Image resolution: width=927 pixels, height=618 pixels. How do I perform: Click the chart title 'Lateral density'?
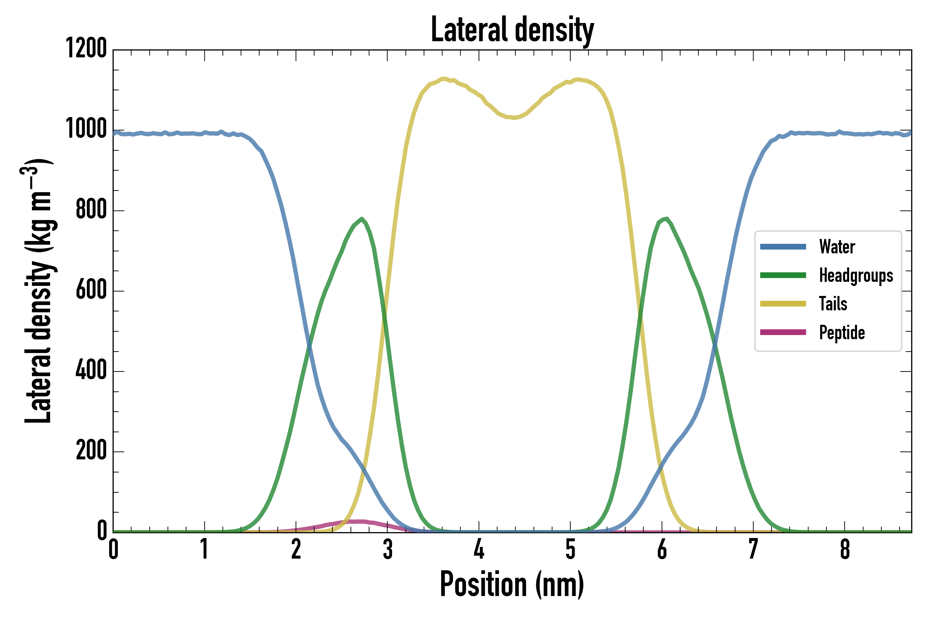(512, 30)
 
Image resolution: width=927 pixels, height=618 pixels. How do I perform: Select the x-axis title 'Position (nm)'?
(512, 584)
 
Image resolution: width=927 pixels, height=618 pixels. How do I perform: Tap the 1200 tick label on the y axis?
(86, 48)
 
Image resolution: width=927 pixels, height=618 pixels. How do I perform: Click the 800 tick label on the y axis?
(91, 209)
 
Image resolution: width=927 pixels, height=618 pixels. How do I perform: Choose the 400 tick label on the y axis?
(91, 370)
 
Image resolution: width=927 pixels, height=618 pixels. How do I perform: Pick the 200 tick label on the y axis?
(91, 451)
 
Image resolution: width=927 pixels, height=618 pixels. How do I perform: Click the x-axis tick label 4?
(479, 549)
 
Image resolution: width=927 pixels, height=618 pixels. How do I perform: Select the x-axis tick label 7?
(753, 549)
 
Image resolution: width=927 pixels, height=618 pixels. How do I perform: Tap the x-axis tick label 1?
(204, 549)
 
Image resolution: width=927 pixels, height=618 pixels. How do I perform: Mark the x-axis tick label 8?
(845, 549)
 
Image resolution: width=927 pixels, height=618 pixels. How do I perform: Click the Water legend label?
(837, 247)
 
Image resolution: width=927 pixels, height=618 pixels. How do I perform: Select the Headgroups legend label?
(856, 275)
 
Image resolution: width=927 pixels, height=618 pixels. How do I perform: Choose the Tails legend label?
(833, 304)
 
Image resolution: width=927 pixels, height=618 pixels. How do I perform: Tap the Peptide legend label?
(842, 333)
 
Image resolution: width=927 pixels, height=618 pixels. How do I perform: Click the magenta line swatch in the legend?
(783, 332)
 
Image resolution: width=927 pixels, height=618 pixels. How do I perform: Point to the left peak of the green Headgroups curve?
(362, 219)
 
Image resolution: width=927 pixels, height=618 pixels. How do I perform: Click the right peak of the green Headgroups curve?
(666, 219)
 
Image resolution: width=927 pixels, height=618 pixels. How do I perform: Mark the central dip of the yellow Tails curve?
(514, 117)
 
